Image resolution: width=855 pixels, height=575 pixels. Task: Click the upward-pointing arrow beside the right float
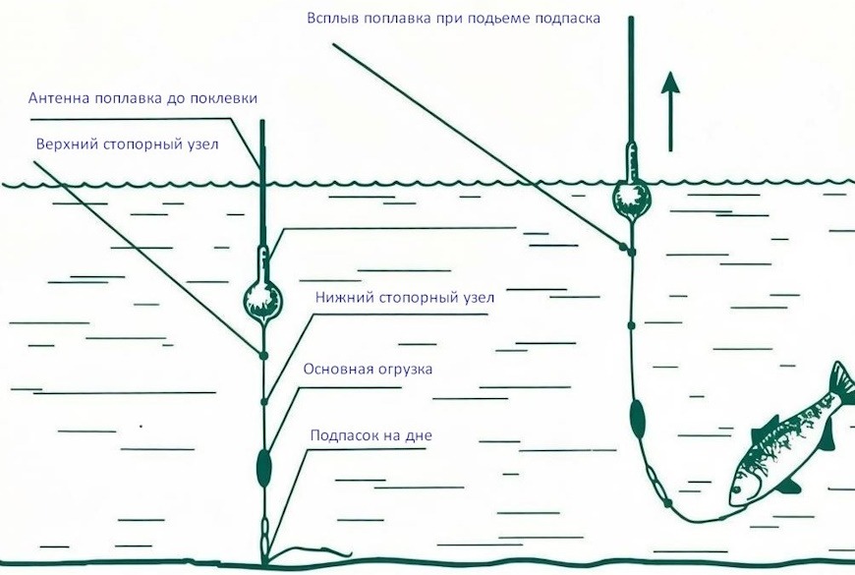click(x=670, y=112)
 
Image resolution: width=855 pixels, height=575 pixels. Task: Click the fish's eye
click(x=737, y=489)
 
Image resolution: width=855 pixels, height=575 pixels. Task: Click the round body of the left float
click(x=262, y=300)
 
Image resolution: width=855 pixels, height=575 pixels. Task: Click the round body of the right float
click(x=632, y=200)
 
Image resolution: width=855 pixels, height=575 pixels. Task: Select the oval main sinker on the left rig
click(x=264, y=468)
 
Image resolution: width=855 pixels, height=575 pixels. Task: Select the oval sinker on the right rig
click(x=637, y=419)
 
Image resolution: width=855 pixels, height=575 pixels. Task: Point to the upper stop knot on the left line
click(x=264, y=356)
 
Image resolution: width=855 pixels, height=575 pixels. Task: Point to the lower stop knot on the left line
click(x=264, y=402)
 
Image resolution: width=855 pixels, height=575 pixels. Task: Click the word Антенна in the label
click(x=59, y=98)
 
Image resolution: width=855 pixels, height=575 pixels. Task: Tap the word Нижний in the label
click(x=345, y=297)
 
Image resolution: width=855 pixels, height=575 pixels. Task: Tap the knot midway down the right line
click(x=632, y=325)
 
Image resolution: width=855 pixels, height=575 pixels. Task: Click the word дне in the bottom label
click(x=419, y=435)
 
